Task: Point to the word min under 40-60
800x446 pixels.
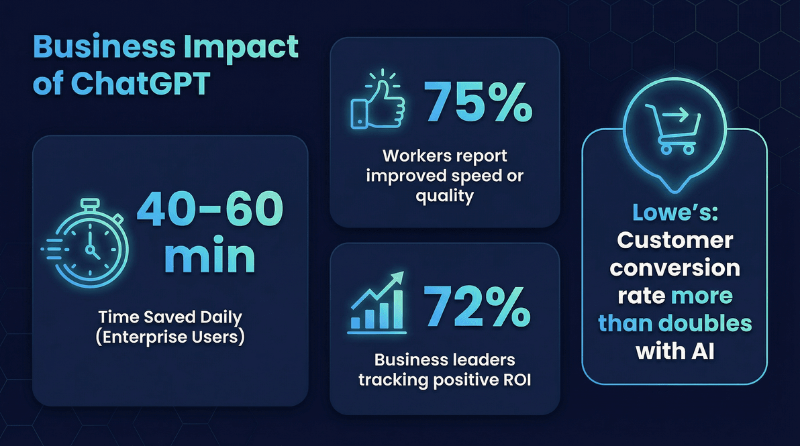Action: click(209, 258)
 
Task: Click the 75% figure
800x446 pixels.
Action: click(478, 102)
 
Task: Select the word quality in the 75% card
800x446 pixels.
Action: click(445, 196)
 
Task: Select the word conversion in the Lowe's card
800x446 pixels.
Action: click(674, 268)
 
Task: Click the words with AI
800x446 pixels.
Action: click(674, 351)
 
